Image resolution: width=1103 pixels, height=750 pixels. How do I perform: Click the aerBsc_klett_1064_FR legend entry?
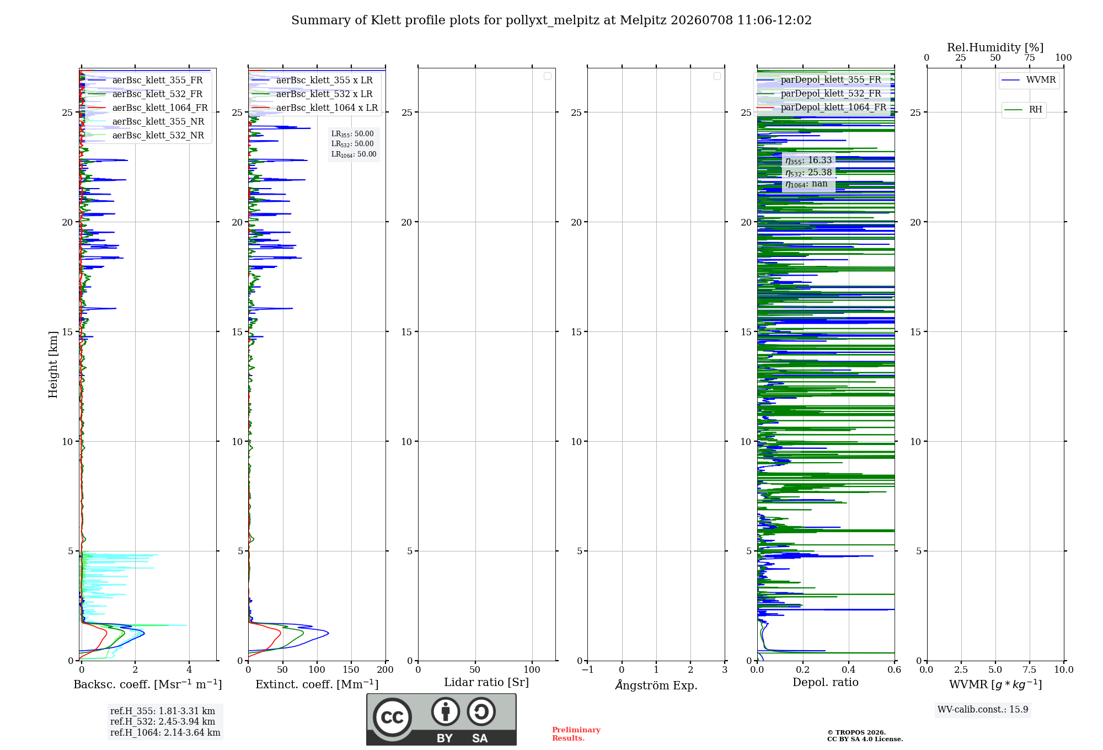[x=148, y=108]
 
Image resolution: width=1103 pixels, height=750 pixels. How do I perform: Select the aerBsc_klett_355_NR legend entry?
[x=146, y=121]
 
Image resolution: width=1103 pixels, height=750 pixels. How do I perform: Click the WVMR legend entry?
[x=1029, y=80]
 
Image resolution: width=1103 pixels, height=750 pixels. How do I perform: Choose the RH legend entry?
[x=1024, y=110]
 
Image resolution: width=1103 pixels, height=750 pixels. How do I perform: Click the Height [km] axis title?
[x=53, y=365]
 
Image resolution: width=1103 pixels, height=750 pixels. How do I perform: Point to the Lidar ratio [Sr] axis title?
[x=486, y=682]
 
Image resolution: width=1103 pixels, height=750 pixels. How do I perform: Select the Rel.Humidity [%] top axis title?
[x=995, y=47]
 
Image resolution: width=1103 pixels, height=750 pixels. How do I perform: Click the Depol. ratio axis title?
[x=826, y=682]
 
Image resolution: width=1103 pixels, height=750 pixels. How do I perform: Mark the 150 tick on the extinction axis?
[x=351, y=669]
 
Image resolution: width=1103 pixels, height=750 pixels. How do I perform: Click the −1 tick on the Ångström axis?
[x=587, y=669]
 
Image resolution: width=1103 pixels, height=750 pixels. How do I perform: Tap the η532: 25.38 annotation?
[x=808, y=173]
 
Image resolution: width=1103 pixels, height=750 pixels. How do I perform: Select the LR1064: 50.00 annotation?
[x=354, y=154]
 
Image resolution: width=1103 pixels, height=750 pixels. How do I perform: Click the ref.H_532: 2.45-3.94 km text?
[x=163, y=721]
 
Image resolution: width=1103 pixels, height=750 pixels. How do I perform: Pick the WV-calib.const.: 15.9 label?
[x=983, y=709]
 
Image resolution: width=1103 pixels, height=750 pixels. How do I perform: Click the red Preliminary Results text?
[x=576, y=734]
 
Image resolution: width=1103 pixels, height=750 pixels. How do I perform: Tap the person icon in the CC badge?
[x=446, y=711]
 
